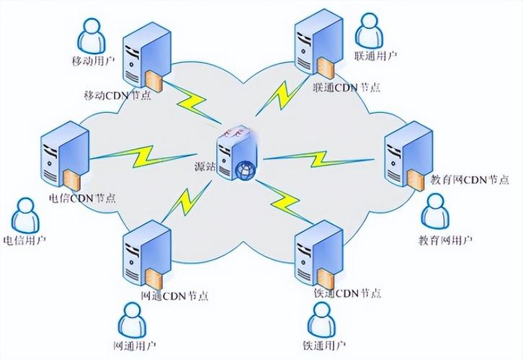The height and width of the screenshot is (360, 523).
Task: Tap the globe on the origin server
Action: point(243,170)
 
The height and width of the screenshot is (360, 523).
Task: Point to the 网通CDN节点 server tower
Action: point(147,255)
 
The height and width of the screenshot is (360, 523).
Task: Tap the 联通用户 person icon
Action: point(372,29)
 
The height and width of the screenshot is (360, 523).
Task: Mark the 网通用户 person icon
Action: point(133,319)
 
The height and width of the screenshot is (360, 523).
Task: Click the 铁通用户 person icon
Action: point(322,318)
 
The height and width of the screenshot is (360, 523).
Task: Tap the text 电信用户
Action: point(24,240)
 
